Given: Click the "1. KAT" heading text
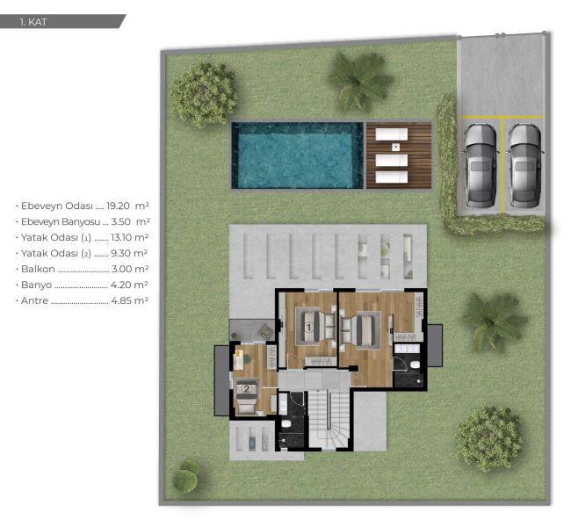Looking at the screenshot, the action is click(33, 22).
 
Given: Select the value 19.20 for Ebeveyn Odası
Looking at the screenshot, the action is click(118, 206).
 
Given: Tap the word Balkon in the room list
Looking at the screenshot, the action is click(38, 269).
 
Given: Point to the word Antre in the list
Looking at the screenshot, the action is click(34, 301).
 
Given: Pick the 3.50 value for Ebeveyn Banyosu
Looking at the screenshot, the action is click(121, 221).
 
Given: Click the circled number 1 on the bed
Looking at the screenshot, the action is click(309, 328).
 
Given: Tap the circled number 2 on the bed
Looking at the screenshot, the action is click(247, 389).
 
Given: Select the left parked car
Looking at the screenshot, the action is click(481, 166).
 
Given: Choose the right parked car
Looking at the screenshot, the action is click(524, 166).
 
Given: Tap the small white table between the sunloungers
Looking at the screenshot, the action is click(396, 148).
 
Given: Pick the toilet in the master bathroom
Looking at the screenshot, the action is click(415, 365).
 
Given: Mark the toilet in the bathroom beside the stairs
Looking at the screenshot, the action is click(287, 424).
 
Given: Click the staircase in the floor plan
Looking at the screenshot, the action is click(329, 418).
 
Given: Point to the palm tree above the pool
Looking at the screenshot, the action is click(360, 81).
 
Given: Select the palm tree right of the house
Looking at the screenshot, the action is click(495, 321).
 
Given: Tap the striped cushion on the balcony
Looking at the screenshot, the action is click(265, 331).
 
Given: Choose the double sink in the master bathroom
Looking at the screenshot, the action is click(408, 349).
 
